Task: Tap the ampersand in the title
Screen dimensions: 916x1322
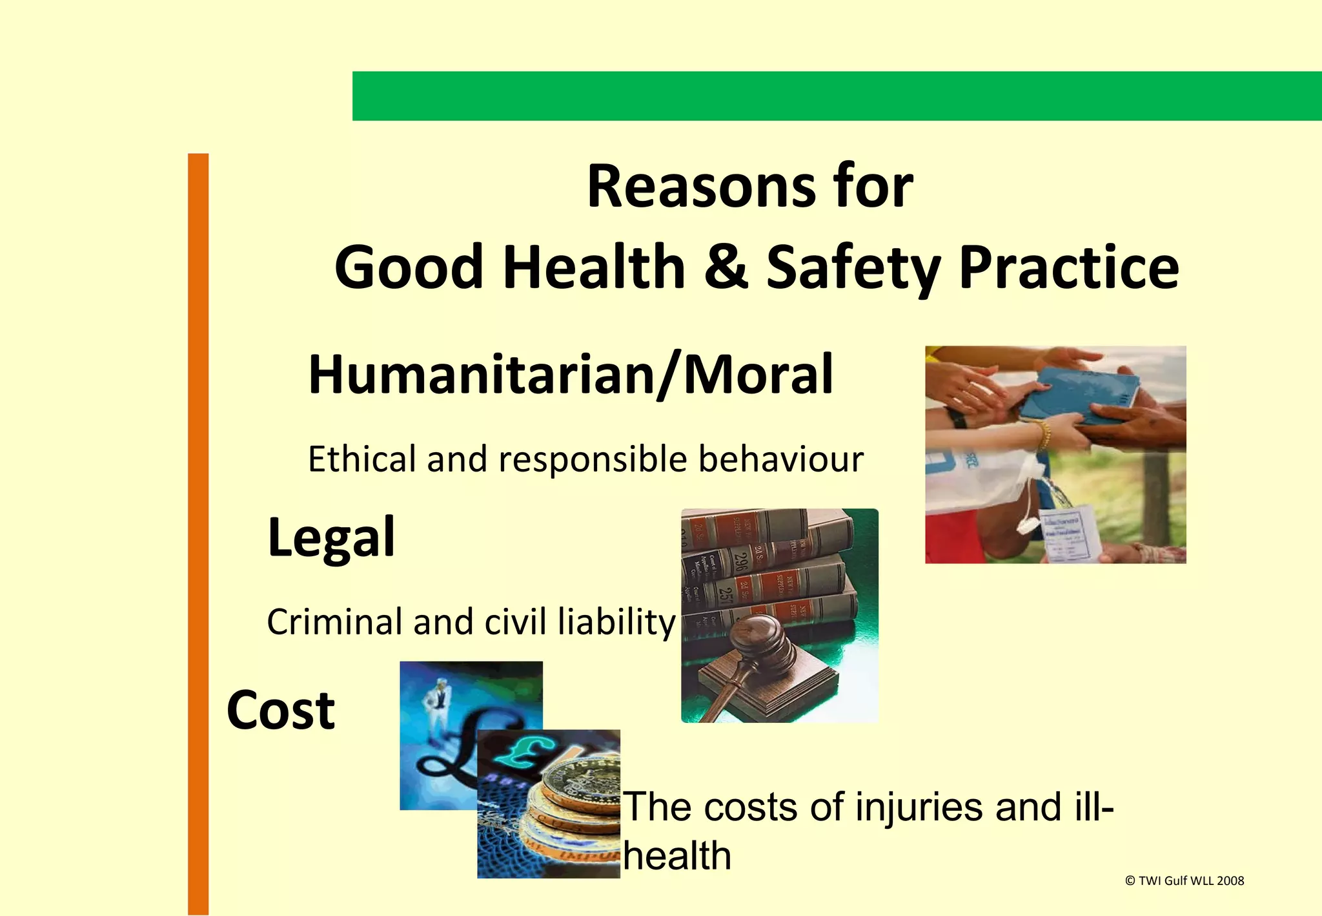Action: pos(726,267)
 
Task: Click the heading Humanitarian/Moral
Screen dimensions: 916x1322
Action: pos(571,375)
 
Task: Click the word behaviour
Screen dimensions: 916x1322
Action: pos(780,459)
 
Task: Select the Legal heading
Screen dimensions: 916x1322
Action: pos(331,538)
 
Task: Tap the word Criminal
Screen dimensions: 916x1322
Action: pos(334,622)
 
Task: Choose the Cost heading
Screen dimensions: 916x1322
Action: pos(281,711)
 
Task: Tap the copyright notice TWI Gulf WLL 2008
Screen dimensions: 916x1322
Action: pos(1184,880)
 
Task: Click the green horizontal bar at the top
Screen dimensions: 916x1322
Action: pos(837,96)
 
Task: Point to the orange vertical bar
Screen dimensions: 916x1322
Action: pos(198,533)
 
